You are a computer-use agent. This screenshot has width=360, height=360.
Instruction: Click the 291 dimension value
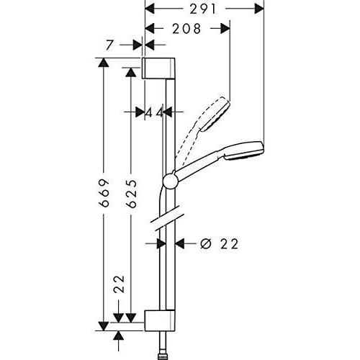203,9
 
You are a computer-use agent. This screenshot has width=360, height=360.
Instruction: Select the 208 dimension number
186,29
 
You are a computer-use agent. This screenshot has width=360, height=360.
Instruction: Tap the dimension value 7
109,45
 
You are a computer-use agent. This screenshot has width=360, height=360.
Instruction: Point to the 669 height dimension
104,193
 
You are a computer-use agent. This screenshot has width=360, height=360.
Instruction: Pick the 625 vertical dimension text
132,194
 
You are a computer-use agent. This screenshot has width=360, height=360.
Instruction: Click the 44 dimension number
155,112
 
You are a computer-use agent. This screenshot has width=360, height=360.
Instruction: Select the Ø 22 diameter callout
219,244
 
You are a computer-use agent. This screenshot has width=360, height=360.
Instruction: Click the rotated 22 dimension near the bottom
120,284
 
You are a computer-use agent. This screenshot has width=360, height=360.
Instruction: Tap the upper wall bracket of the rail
158,68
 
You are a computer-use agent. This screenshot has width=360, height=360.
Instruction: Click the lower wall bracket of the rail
160,320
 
